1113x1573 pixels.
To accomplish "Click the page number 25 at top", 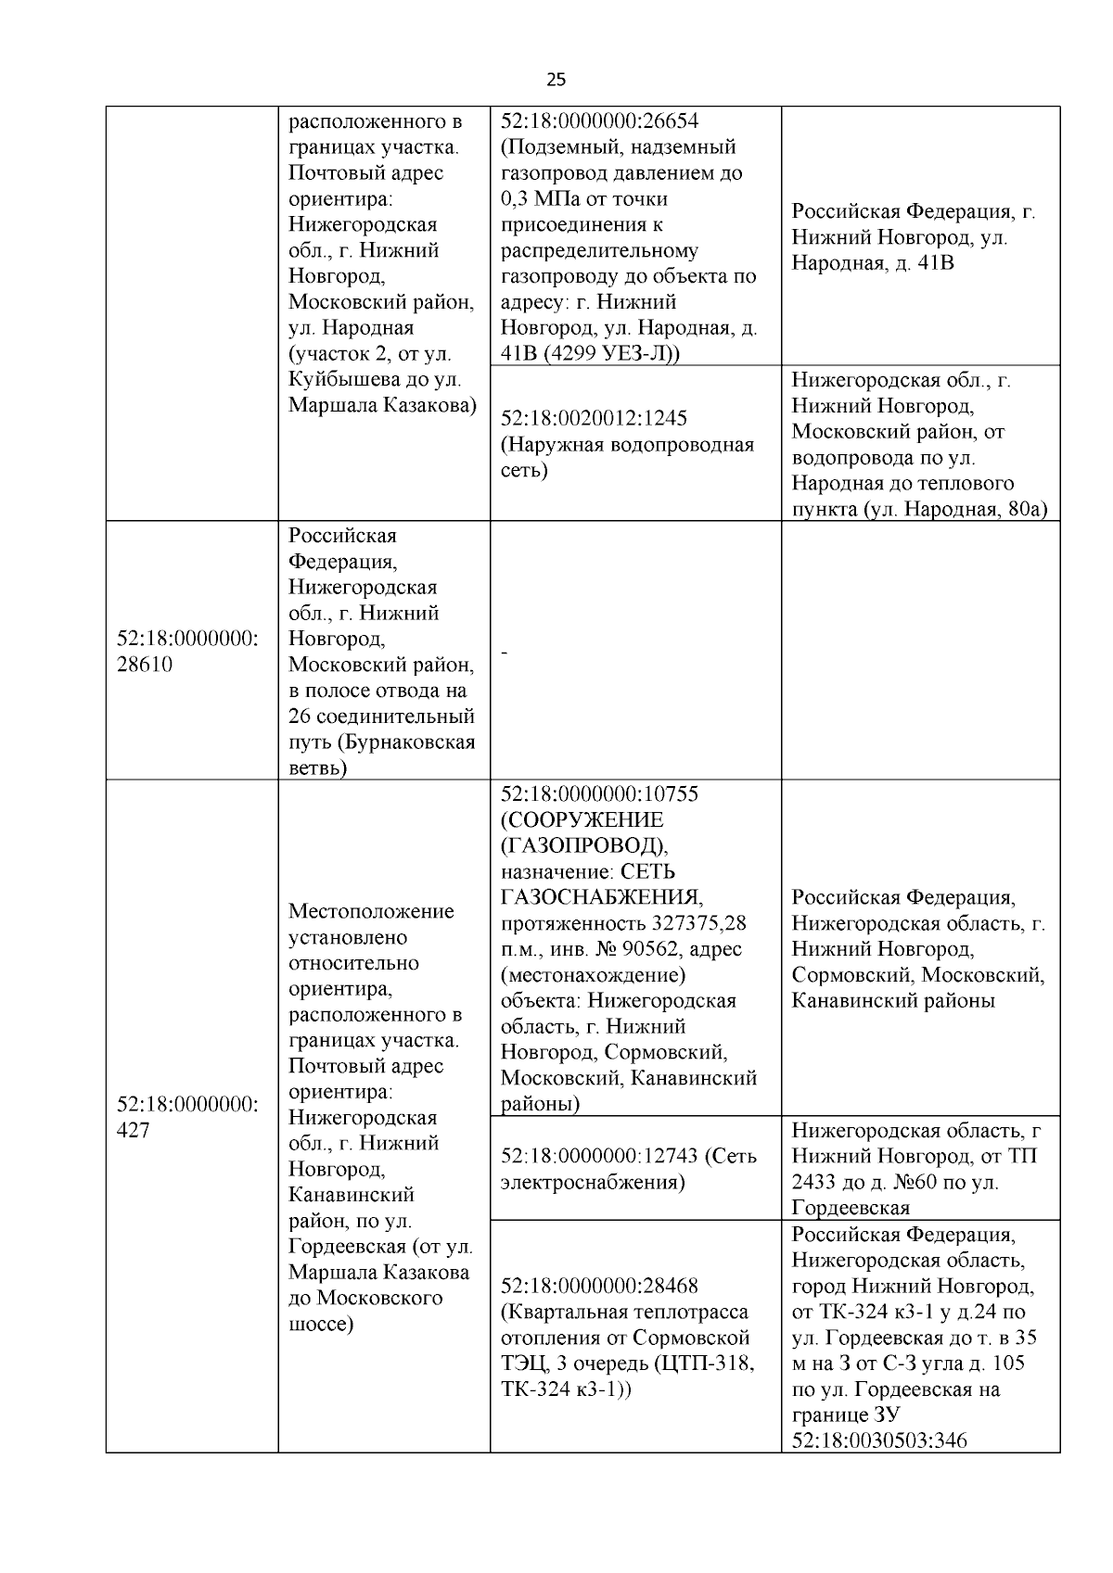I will (x=556, y=80).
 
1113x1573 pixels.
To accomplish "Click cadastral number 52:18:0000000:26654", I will (x=599, y=121).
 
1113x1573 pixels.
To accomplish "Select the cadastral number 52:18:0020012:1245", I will (x=594, y=418).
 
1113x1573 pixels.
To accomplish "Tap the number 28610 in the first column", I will (x=144, y=665).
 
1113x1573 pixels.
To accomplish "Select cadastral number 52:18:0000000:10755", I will (x=599, y=794).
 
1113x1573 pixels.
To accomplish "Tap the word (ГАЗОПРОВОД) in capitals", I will (x=583, y=846).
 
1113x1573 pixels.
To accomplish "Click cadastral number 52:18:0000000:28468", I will (x=599, y=1286).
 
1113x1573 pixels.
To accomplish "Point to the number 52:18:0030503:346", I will (x=878, y=1440).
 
